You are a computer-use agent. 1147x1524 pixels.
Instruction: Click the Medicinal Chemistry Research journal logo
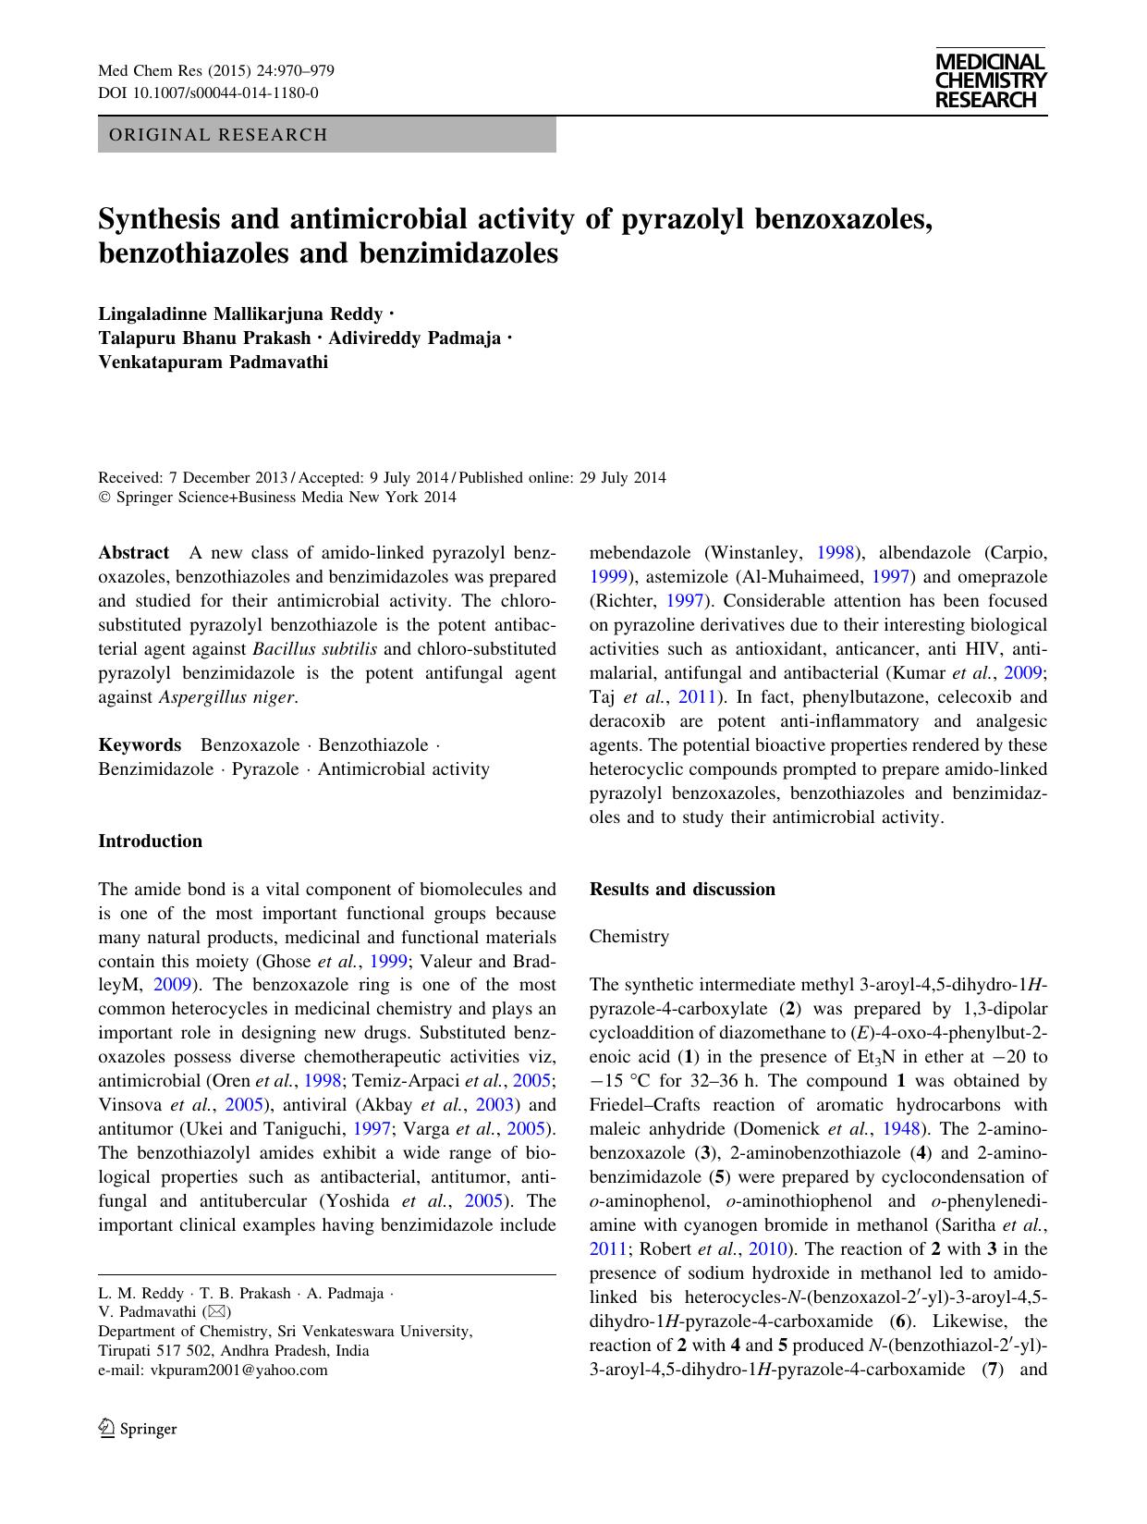990,80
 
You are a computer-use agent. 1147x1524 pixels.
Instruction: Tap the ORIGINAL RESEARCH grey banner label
218,135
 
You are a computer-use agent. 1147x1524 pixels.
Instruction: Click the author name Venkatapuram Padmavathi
213,362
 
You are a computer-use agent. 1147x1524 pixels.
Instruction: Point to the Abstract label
133,553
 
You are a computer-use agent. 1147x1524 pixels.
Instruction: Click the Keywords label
140,745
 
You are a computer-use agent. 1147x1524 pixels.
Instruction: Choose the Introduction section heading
150,842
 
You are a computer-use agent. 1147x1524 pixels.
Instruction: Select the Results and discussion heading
682,890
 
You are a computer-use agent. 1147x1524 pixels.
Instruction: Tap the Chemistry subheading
628,937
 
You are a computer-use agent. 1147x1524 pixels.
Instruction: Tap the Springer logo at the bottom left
138,1429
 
